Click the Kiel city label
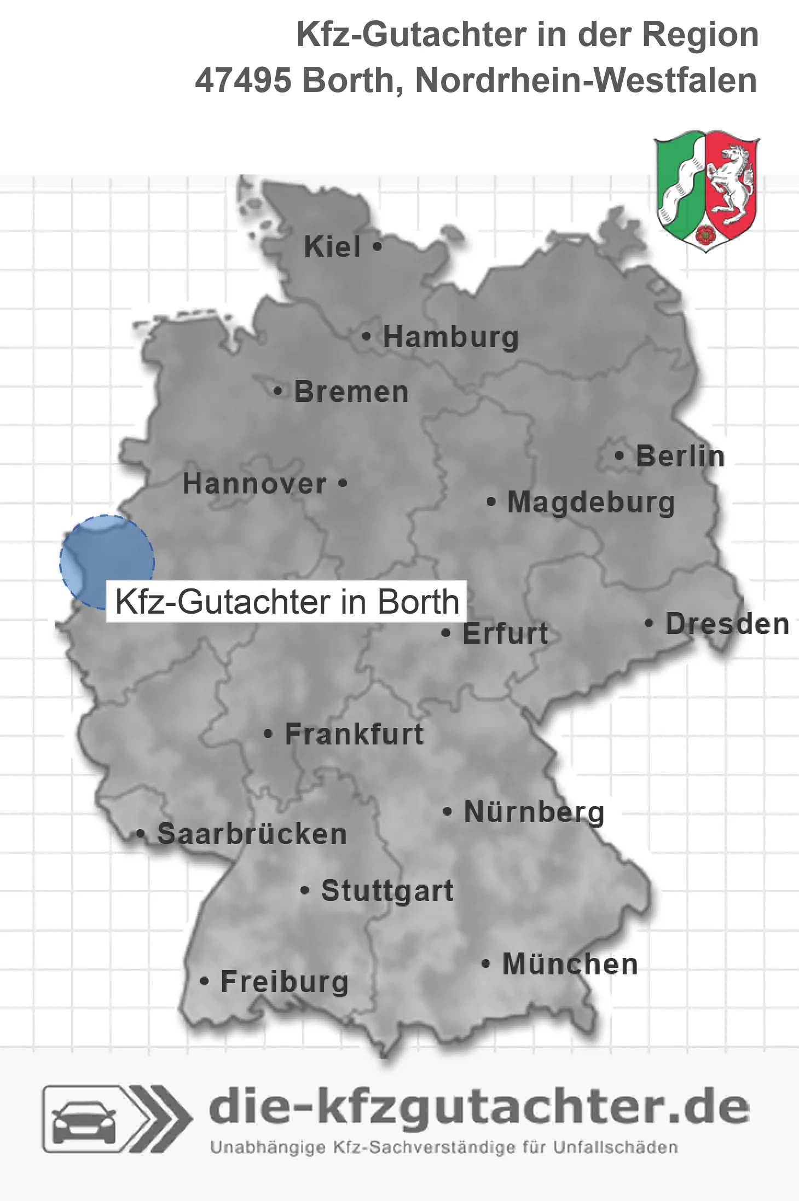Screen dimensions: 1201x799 click(332, 247)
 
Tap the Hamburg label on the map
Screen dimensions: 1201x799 click(450, 337)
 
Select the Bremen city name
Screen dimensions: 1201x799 click(351, 392)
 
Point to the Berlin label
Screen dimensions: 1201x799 click(680, 457)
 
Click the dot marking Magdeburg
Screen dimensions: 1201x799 click(491, 501)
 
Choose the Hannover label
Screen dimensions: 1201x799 click(254, 484)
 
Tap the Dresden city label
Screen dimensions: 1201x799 click(727, 624)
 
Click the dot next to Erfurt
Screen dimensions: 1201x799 click(446, 633)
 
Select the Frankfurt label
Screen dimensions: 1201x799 click(354, 734)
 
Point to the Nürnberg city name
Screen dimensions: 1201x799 click(534, 812)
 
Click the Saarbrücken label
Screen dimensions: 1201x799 click(252, 834)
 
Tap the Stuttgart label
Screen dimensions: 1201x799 click(387, 891)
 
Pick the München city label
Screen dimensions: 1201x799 click(570, 964)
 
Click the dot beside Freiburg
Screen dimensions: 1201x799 click(204, 981)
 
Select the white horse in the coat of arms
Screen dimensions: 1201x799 click(729, 181)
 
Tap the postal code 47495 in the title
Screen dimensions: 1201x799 click(243, 80)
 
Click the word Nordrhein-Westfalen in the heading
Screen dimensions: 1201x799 click(586, 80)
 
